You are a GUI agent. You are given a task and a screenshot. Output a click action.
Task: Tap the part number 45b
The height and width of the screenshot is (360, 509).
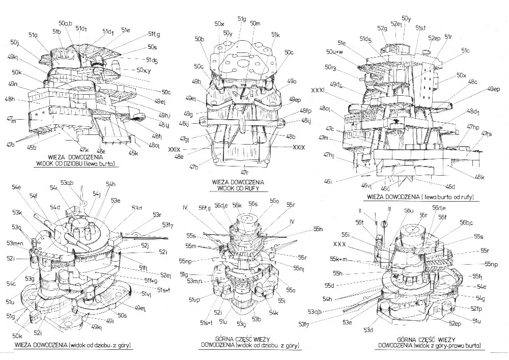pos(32,148)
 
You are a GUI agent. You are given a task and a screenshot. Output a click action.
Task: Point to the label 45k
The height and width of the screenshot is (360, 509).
pos(133,153)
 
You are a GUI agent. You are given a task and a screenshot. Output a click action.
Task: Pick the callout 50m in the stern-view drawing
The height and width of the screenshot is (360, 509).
pos(255,24)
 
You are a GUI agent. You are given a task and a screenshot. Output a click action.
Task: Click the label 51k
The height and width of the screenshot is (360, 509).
pos(275,35)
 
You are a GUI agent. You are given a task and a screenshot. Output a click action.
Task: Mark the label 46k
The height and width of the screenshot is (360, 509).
pos(478,177)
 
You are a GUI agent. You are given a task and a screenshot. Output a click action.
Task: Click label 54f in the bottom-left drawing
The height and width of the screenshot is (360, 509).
pos(33,196)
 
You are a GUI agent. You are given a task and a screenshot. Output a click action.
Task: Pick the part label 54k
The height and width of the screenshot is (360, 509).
pos(273,312)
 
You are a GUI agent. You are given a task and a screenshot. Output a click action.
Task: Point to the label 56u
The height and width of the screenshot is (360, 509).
pos(408,210)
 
